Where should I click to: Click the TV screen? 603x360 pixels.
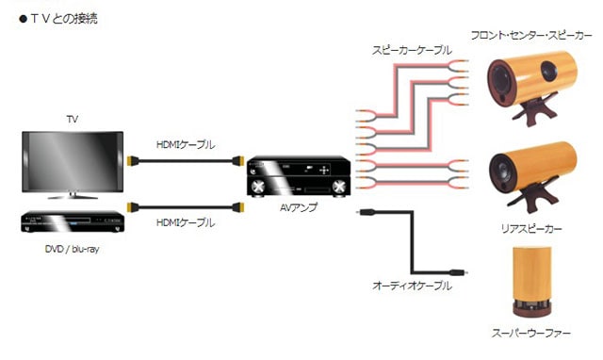[x=73, y=160]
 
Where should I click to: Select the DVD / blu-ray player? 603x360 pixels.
[x=73, y=221]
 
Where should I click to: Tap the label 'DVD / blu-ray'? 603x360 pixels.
[x=73, y=249]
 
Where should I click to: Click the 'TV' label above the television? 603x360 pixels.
[x=73, y=120]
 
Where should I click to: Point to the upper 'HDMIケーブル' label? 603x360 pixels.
[x=185, y=144]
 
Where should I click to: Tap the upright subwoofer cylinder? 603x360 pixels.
[x=530, y=279]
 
